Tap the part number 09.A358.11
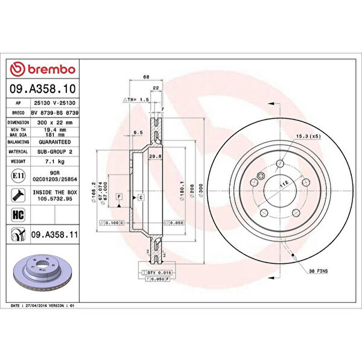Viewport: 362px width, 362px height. (55, 232)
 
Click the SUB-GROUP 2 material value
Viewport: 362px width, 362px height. (55, 152)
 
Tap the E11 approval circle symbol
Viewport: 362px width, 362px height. (18, 176)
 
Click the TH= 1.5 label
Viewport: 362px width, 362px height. (137, 98)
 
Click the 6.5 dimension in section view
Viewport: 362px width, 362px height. (137, 132)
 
